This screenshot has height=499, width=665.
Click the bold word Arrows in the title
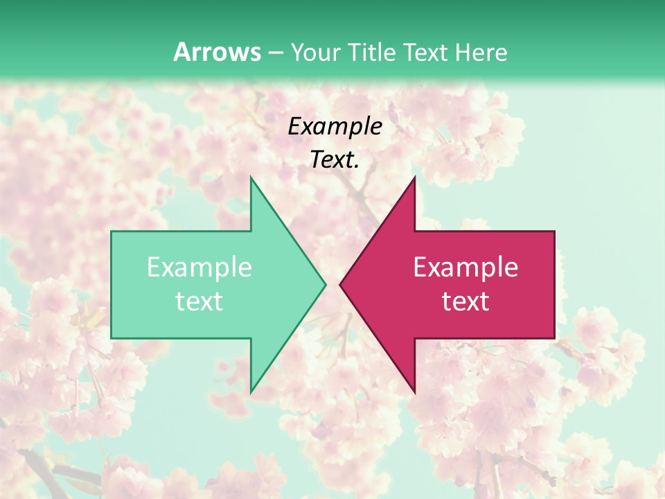point(218,52)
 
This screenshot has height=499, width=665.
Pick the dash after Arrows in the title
point(276,53)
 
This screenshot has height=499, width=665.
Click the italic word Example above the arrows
point(335,126)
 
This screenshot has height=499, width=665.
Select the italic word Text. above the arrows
point(335,159)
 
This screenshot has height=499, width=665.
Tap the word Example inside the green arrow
point(199,268)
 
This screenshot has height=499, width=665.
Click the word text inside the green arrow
point(199,301)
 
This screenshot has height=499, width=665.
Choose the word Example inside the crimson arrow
point(465,268)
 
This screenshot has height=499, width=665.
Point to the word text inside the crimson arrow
point(465,301)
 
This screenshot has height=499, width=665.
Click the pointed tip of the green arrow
point(325,284)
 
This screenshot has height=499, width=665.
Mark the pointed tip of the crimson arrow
point(340,284)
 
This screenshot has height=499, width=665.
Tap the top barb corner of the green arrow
point(251,177)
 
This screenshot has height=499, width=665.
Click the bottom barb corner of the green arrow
point(251,392)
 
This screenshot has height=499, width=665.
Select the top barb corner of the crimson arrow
point(414,177)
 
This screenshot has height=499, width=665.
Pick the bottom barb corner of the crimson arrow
point(414,392)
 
